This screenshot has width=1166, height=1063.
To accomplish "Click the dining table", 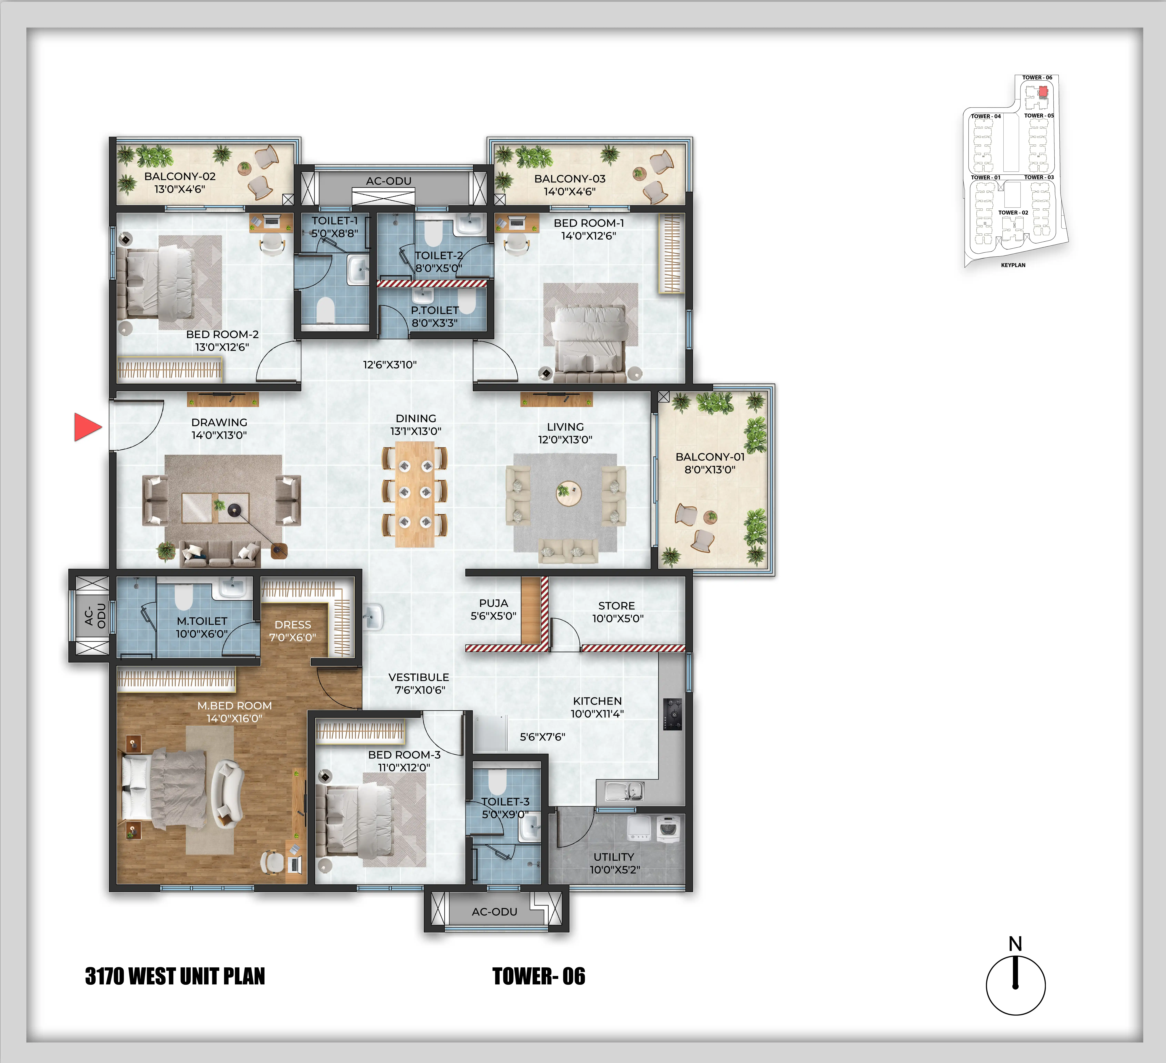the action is pyautogui.click(x=415, y=495).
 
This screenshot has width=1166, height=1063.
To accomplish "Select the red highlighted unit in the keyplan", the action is pyautogui.click(x=1043, y=91).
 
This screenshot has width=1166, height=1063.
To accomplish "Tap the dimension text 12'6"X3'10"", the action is pyautogui.click(x=390, y=364).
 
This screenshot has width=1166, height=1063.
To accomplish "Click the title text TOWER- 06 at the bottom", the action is pyautogui.click(x=538, y=976).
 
